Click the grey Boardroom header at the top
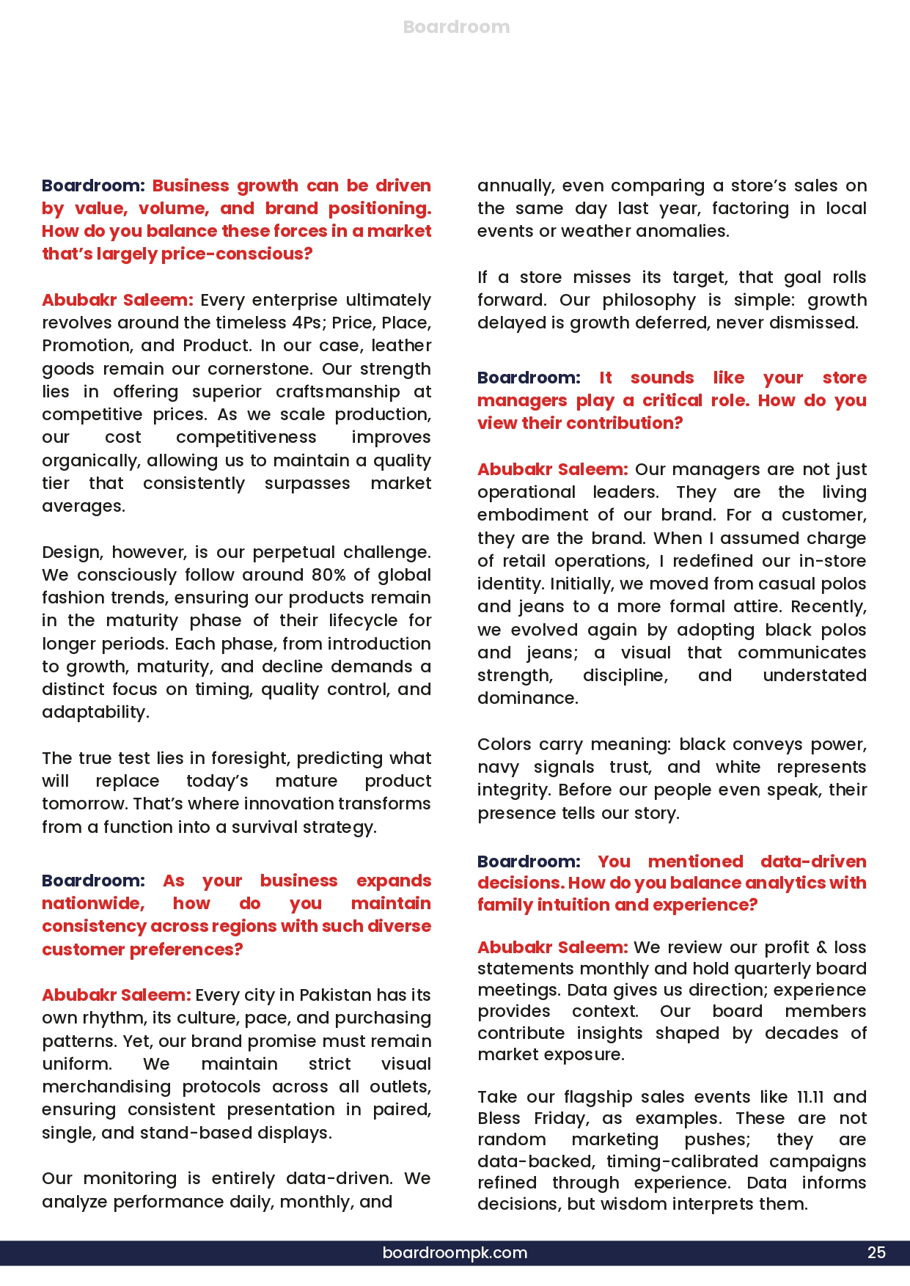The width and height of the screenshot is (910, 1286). coord(456,27)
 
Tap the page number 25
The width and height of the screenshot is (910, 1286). coord(876,1252)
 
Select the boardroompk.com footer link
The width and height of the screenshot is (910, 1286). coord(455,1252)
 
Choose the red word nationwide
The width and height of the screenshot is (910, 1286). coord(93,903)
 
